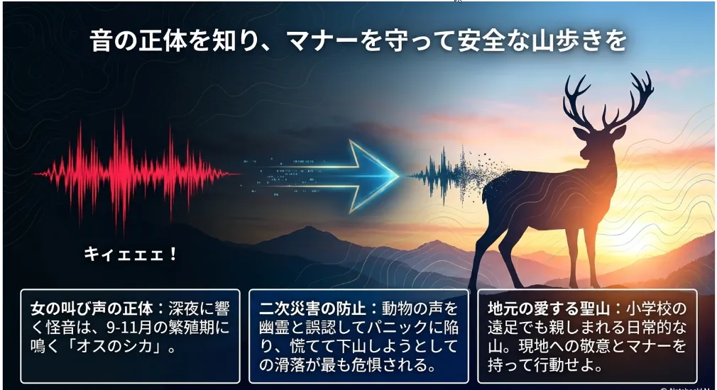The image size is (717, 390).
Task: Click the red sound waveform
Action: [136, 174]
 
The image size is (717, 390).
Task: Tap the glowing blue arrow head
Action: [373, 177]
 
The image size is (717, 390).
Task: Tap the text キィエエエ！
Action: [131, 254]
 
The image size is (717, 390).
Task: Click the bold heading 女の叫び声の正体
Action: [92, 308]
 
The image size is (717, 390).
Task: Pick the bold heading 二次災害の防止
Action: [312, 308]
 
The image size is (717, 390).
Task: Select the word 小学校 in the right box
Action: [649, 308]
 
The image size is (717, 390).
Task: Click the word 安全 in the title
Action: [477, 40]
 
